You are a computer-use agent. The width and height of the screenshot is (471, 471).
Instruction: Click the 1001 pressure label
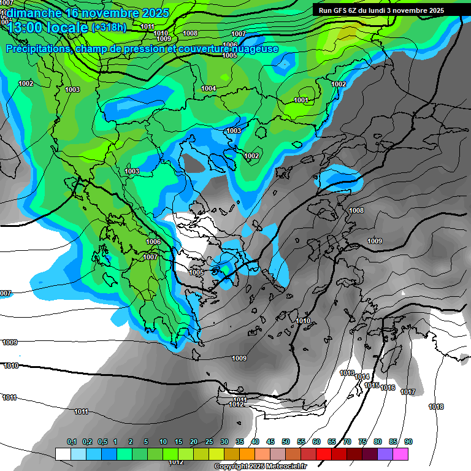[301, 100]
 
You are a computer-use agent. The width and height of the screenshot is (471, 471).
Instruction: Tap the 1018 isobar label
[436, 407]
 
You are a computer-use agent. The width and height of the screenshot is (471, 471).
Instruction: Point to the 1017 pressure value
[407, 392]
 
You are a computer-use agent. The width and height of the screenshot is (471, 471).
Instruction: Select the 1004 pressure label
[209, 88]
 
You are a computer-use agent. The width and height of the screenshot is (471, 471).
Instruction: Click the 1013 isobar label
[347, 373]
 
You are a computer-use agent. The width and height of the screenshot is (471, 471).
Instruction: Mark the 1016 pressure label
[388, 388]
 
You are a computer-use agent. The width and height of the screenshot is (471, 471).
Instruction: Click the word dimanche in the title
[32, 12]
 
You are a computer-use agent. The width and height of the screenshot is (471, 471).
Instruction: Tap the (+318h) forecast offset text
[109, 27]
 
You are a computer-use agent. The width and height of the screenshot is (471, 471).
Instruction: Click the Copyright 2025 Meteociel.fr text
[261, 466]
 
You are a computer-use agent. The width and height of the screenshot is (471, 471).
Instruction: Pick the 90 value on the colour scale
[408, 442]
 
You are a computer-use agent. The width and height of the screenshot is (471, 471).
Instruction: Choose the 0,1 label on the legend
[72, 442]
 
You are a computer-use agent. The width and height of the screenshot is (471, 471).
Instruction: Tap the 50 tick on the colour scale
[286, 442]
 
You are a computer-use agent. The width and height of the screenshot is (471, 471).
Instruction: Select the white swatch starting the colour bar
[63, 453]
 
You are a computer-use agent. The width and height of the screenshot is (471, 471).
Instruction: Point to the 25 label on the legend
[209, 442]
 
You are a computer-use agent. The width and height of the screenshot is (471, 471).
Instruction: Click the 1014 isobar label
[362, 377]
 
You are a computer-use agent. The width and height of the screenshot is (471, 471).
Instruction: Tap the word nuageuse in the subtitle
[255, 48]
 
